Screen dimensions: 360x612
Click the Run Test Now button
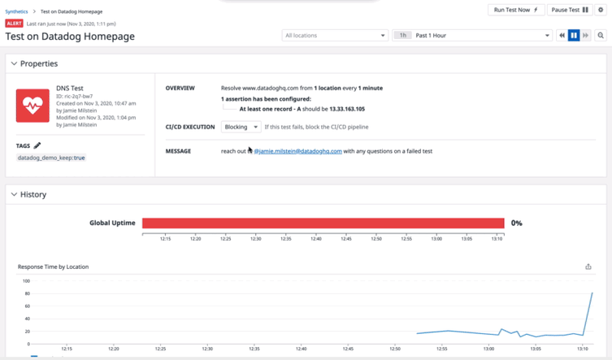pyautogui.click(x=515, y=10)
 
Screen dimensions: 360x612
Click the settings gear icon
pyautogui.click(x=601, y=10)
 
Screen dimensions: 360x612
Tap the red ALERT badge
pyautogui.click(x=14, y=24)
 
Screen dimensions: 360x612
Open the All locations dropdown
pyautogui.click(x=335, y=36)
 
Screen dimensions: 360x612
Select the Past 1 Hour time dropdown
pyautogui.click(x=481, y=36)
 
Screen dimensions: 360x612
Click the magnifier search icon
pyautogui.click(x=601, y=36)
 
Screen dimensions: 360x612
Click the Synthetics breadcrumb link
pyautogui.click(x=16, y=11)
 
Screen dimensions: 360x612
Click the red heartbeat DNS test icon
pyautogui.click(x=33, y=106)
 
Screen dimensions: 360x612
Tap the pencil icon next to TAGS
pyautogui.click(x=37, y=145)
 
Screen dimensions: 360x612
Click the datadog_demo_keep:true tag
pyautogui.click(x=51, y=158)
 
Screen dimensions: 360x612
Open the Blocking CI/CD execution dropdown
pyautogui.click(x=241, y=127)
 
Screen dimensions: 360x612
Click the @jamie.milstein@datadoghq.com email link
pyautogui.click(x=297, y=151)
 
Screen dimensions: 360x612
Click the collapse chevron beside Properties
pyautogui.click(x=14, y=63)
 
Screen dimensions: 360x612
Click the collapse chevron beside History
pyautogui.click(x=14, y=194)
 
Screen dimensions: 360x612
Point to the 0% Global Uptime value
pyautogui.click(x=516, y=223)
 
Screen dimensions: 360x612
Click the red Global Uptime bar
pyautogui.click(x=323, y=223)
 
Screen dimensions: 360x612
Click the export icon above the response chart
pyautogui.click(x=588, y=267)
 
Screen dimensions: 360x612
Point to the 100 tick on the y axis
pyautogui.click(x=26, y=281)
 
